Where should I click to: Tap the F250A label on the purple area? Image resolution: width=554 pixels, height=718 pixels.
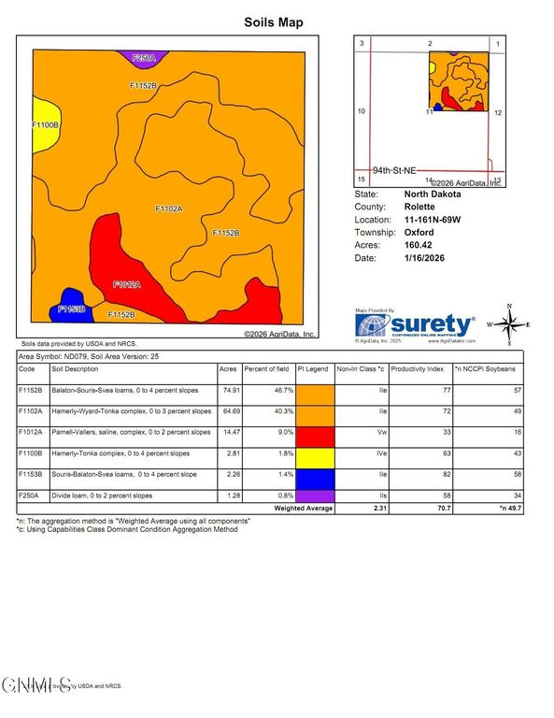pos(143,58)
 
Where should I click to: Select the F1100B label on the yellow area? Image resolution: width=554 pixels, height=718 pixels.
pos(46,124)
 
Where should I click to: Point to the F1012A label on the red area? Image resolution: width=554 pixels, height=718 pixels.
pos(126,283)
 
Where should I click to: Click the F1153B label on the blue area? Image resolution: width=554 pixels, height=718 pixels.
pos(72,309)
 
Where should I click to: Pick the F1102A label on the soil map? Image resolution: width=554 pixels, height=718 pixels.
pos(168,208)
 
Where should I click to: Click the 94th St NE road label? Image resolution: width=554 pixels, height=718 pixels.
pos(394,171)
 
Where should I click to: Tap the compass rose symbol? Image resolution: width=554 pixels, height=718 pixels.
pos(509,323)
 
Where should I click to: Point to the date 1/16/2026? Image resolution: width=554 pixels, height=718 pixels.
pos(422,257)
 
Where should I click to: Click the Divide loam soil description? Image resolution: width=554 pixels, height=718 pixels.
pos(108,496)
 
